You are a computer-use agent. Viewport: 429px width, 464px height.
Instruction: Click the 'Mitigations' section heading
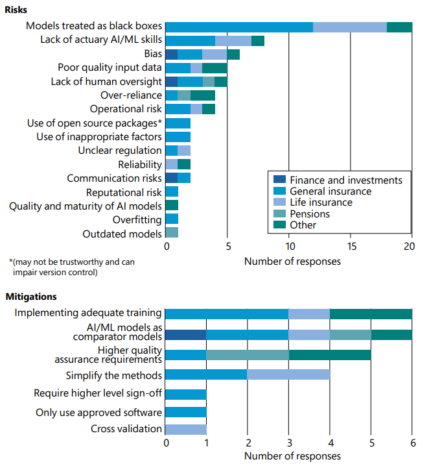point(32,297)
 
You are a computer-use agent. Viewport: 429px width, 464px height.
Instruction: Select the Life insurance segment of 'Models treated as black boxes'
point(350,27)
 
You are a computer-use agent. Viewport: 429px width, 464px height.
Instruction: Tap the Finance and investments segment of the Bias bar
point(172,54)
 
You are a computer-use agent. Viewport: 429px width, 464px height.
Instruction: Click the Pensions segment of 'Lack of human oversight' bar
point(209,82)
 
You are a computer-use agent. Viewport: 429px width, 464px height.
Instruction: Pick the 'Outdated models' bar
point(172,232)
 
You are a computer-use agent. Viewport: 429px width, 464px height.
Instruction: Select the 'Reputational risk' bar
point(172,191)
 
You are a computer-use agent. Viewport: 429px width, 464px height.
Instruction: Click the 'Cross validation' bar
point(186,429)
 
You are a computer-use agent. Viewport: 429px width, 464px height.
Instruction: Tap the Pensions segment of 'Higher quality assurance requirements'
point(248,354)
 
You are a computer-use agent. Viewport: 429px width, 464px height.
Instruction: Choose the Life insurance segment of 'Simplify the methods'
point(289,375)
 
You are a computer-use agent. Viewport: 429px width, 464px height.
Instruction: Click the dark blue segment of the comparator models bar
point(186,335)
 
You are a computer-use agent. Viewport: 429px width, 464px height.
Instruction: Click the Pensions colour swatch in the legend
point(279,214)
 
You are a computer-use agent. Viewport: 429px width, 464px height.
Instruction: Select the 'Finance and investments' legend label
point(345,180)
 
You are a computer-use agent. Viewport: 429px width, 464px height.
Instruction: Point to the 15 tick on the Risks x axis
point(351,247)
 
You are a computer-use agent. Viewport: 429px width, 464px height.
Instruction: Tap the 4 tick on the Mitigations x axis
point(330,444)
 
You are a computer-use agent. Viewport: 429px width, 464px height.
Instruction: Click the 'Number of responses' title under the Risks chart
point(292,262)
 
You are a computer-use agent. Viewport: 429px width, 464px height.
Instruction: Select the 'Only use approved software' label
point(99,412)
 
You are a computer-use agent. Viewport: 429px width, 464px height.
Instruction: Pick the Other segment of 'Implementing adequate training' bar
point(371,314)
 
